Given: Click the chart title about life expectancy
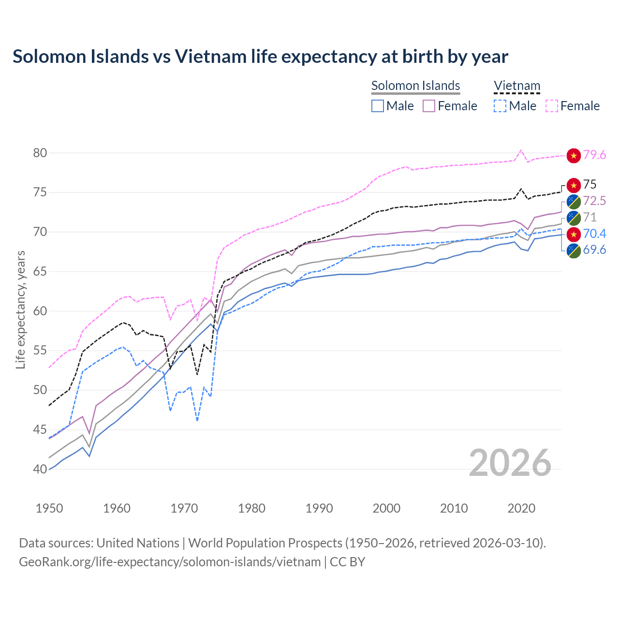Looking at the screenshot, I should [x=260, y=57].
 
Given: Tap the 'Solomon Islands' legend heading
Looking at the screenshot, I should [x=415, y=86].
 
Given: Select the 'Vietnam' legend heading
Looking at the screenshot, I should [x=516, y=86].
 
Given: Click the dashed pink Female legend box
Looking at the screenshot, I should [x=552, y=106].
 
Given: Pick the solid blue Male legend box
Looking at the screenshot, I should [x=378, y=106].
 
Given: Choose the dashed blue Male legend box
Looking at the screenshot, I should [x=500, y=106].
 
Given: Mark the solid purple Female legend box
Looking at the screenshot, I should [x=429, y=106].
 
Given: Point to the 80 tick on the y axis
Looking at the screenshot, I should [x=40, y=153].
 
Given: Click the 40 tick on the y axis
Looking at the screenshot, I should [x=40, y=469].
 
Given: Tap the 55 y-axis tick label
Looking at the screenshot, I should [x=40, y=351].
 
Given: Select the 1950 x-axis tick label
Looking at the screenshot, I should [x=49, y=508].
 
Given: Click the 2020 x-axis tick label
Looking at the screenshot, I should [x=521, y=508].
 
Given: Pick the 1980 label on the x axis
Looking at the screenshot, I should [x=251, y=508].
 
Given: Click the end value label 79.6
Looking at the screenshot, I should [x=594, y=155].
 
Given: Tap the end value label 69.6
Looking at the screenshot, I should [x=594, y=250].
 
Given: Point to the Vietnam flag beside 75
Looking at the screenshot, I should [x=574, y=185].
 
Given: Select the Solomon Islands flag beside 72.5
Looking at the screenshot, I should [x=574, y=201].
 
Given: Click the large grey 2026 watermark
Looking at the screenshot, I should [x=510, y=463].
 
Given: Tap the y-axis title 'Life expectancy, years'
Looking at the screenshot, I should [x=20, y=309].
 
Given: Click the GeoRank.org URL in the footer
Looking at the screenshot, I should [x=170, y=562].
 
